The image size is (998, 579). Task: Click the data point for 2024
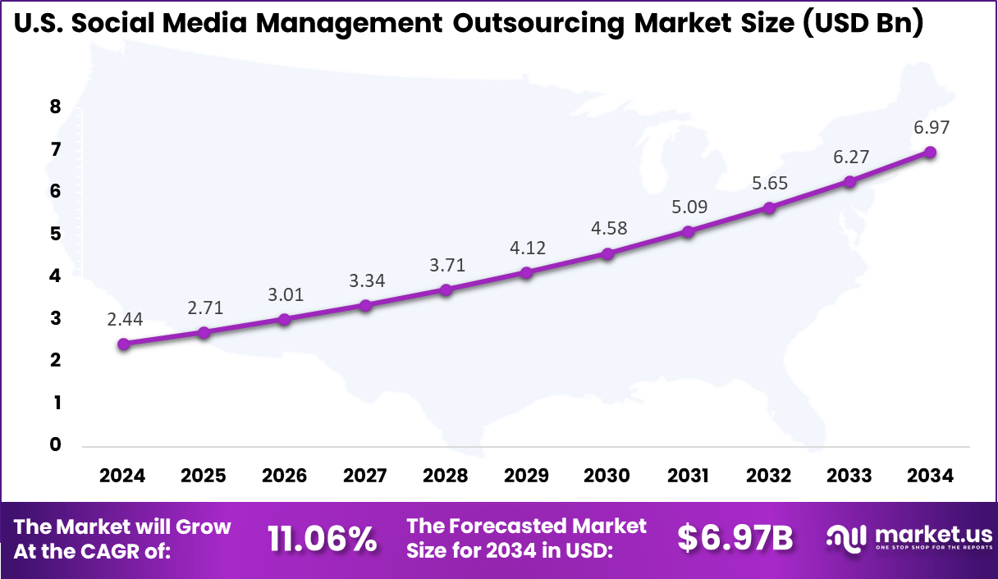[123, 344]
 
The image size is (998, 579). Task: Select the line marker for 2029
[527, 272]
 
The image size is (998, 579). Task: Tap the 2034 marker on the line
[930, 152]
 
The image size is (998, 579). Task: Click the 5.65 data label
[769, 183]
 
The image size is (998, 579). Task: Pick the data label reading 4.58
[607, 228]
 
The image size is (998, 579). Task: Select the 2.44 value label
[124, 320]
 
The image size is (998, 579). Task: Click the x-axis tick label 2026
[284, 476]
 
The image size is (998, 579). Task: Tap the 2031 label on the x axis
[688, 476]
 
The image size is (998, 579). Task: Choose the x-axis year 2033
[849, 476]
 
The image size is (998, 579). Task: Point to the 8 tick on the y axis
[56, 107]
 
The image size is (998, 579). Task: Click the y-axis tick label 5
[56, 234]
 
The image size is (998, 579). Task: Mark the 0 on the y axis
[56, 445]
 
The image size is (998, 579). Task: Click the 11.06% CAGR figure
[322, 539]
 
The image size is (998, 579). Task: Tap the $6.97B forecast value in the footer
[735, 538]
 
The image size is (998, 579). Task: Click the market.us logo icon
[847, 538]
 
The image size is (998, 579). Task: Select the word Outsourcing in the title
[538, 25]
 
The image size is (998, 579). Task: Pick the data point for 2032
[769, 208]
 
